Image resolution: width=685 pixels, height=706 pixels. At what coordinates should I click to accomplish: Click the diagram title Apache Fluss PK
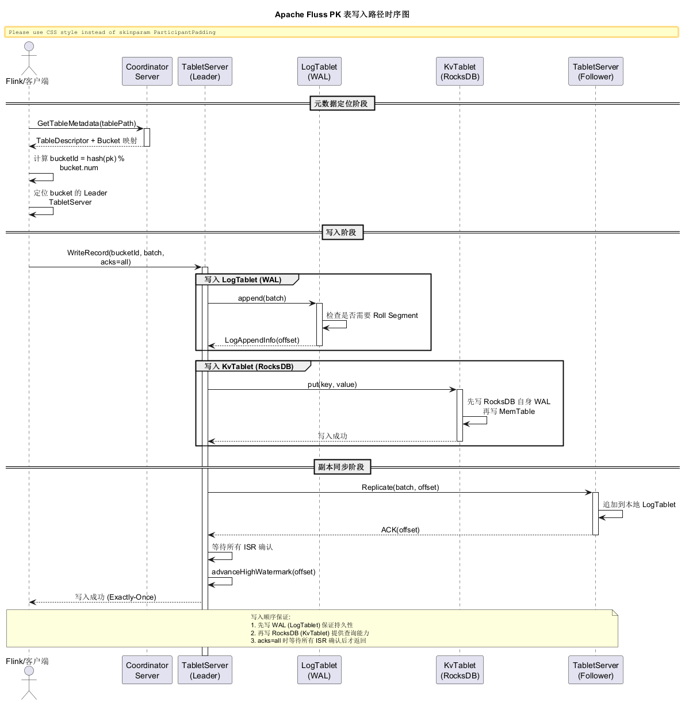point(308,14)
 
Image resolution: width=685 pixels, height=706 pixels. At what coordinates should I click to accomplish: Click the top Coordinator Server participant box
point(147,71)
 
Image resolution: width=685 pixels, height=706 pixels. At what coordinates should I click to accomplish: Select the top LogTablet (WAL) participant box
point(319,71)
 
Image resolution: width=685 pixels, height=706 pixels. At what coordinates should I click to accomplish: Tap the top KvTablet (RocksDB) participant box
point(460,71)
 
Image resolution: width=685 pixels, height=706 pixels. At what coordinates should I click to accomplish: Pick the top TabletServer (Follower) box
point(595,71)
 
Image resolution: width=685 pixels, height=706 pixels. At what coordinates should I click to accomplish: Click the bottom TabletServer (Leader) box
point(205,670)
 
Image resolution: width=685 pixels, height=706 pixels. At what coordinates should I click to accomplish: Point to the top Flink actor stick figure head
point(29,47)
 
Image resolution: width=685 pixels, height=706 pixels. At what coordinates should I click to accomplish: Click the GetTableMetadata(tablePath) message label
point(87,124)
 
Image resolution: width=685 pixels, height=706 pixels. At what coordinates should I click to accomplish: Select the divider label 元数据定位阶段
point(342,103)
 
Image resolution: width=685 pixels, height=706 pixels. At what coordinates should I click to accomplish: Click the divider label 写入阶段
point(342,232)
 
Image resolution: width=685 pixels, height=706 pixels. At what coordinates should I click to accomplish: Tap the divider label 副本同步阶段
point(342,467)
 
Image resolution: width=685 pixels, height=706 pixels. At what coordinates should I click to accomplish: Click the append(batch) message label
point(262,298)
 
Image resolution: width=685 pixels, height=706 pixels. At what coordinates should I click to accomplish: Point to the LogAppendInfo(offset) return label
point(262,340)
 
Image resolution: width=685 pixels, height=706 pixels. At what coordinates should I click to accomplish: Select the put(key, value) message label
point(332,385)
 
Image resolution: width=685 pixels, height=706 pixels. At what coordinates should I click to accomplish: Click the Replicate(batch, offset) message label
point(400,487)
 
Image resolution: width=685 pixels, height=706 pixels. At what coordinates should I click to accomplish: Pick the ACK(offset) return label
point(400,529)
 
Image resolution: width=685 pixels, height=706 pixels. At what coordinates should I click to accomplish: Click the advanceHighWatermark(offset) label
point(263,572)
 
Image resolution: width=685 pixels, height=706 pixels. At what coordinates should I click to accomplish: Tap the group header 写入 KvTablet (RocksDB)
point(248,366)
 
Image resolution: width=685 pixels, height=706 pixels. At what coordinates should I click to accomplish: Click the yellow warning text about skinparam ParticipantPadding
point(112,32)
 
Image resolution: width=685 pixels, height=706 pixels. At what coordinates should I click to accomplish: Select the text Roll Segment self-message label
point(395,315)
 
